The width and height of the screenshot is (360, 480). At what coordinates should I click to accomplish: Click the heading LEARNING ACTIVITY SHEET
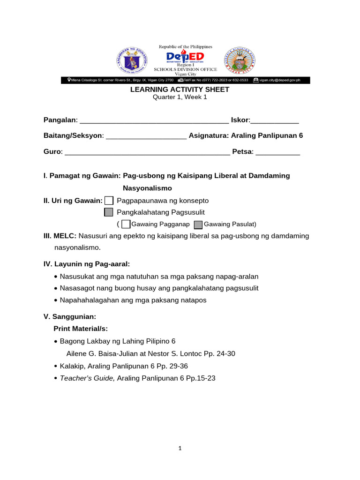(180, 89)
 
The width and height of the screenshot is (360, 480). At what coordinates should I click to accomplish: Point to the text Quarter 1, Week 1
(180, 97)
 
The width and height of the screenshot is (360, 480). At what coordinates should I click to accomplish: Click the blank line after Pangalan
(154, 121)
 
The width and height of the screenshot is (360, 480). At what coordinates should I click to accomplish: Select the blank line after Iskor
(275, 121)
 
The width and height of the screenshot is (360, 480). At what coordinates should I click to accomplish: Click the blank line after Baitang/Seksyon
(146, 136)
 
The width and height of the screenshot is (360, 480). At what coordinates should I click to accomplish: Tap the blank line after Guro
(147, 152)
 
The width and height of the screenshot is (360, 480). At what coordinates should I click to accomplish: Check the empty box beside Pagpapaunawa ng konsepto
(109, 201)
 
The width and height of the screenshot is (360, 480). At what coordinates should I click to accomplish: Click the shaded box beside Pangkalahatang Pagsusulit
(109, 212)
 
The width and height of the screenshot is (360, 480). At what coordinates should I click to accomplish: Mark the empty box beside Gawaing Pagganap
(126, 224)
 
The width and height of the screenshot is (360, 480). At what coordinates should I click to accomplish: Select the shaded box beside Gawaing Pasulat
(198, 225)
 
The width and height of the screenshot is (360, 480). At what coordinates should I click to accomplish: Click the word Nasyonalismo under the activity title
(147, 188)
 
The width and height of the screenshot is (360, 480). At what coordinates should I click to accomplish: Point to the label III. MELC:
(60, 236)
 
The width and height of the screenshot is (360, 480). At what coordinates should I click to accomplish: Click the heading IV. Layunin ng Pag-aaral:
(86, 264)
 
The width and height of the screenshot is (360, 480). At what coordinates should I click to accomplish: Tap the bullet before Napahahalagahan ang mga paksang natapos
(56, 300)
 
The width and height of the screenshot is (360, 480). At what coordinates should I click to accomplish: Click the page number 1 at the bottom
(180, 448)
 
